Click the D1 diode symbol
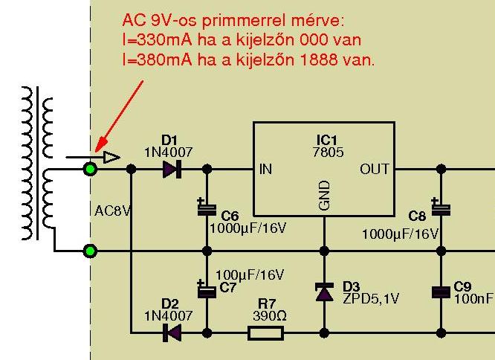(171, 170)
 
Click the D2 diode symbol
(171, 332)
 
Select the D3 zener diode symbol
(324, 292)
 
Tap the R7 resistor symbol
(265, 332)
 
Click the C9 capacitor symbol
(441, 292)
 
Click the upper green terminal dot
(91, 169)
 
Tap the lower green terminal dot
(91, 251)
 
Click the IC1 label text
(326, 139)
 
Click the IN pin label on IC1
(265, 170)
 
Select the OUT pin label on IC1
(374, 170)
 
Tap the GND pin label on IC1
(324, 195)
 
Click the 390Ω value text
(265, 315)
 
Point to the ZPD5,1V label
(371, 298)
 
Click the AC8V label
(113, 210)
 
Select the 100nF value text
(473, 298)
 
